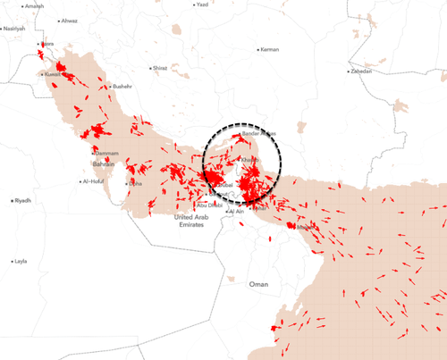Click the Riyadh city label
tap(23, 200)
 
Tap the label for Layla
tap(22, 262)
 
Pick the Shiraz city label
tap(161, 68)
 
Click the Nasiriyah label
tap(14, 29)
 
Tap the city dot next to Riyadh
tap(11, 200)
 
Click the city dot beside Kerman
tap(257, 49)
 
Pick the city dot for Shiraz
tap(150, 68)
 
